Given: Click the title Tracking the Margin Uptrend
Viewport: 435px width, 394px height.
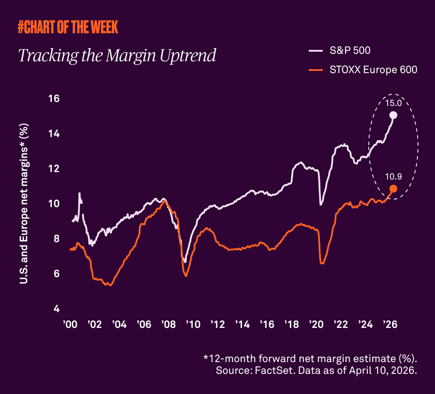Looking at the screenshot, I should (x=117, y=56).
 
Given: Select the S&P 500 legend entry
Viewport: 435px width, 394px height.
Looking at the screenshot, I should (x=349, y=50).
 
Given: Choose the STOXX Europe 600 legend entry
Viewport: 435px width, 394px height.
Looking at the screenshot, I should (x=373, y=70).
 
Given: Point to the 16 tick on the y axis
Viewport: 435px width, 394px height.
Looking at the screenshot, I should (x=53, y=99).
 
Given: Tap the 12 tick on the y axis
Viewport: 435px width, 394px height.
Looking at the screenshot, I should (x=53, y=169).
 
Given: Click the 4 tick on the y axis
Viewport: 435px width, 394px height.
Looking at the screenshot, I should (x=56, y=309).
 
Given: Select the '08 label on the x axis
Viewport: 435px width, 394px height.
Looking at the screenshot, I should (x=168, y=325).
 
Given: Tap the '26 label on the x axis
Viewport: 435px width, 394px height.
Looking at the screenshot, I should (x=389, y=325).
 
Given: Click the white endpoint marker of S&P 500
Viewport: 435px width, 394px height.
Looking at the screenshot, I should (x=393, y=115).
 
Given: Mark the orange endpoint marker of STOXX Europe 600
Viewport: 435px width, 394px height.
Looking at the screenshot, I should (x=393, y=189).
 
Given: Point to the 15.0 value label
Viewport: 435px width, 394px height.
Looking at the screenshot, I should (x=393, y=104).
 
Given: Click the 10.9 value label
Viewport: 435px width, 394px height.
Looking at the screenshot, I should (x=393, y=177).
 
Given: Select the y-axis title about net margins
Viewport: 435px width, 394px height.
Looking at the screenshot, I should (x=24, y=203).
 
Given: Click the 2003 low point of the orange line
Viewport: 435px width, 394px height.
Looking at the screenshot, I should (x=110, y=285).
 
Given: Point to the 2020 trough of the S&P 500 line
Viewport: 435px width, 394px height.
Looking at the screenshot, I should (x=321, y=204).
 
